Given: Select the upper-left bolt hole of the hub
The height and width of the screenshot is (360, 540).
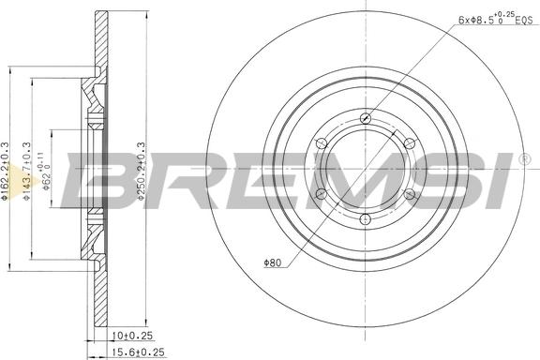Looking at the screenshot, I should pos(322,143).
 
